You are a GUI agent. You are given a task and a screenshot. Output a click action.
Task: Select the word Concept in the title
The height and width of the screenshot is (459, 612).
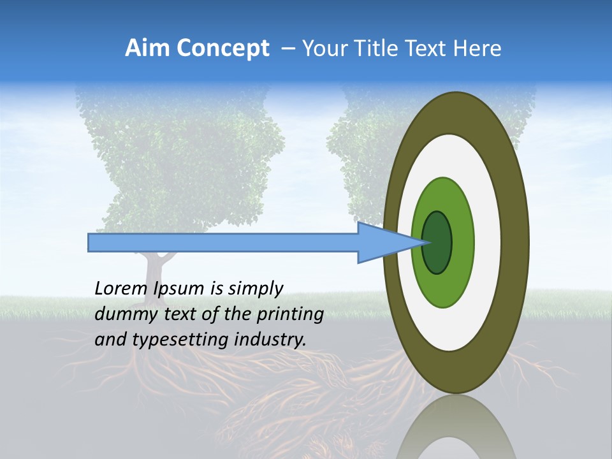222,48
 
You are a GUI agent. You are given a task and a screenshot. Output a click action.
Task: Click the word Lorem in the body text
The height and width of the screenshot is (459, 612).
122,288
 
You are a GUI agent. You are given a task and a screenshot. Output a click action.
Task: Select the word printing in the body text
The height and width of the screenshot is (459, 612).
289,314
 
